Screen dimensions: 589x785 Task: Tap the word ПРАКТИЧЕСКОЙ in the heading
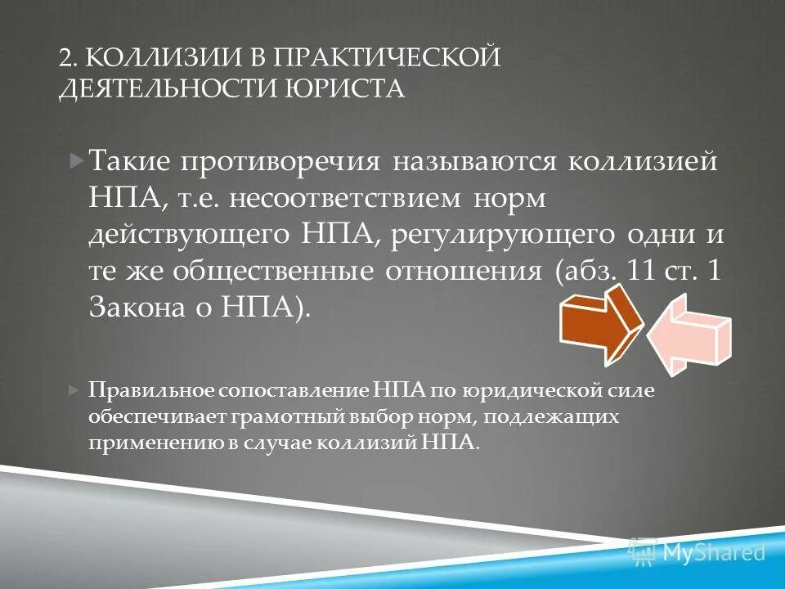(387, 57)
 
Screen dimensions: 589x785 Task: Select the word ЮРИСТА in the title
(355, 88)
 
